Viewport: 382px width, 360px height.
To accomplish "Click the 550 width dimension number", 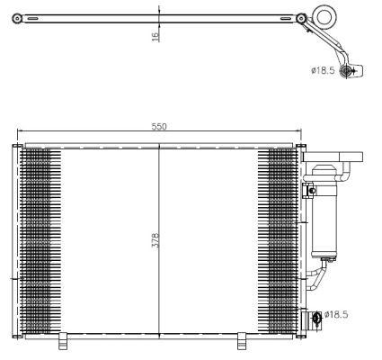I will pos(158,127).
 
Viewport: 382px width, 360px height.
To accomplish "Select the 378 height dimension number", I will pos(155,241).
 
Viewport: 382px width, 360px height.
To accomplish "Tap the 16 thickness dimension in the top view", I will pos(155,35).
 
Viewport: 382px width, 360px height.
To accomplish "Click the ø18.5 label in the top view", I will pos(324,70).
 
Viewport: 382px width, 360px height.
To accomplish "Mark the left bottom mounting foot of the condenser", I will pos(63,340).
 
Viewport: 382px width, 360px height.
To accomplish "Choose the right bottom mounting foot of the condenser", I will pos(241,340).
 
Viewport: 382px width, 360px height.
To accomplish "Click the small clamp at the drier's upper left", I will pos(310,190).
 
